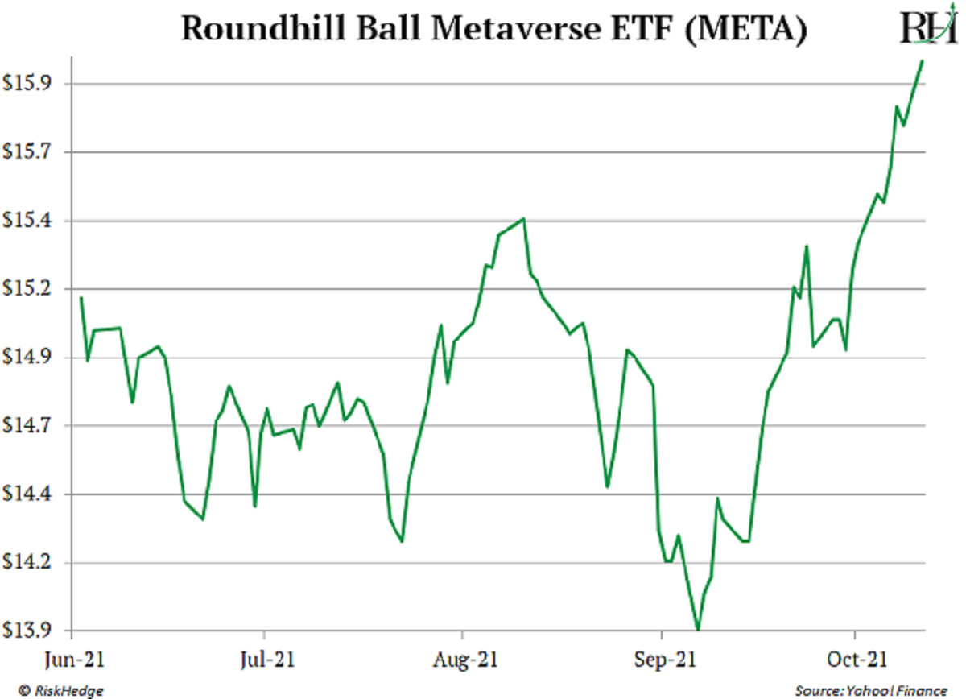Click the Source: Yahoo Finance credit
tap(870, 690)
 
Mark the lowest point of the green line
tap(698, 629)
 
